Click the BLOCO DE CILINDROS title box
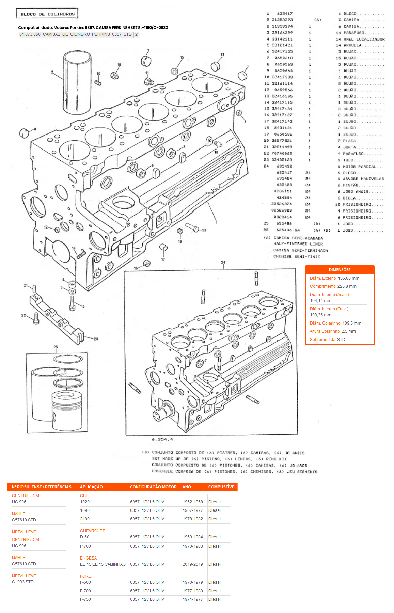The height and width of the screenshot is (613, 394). click(47, 14)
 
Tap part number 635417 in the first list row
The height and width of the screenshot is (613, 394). click(285, 14)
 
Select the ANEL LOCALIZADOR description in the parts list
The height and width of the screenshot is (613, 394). click(364, 39)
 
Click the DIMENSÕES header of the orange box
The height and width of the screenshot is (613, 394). click(340, 270)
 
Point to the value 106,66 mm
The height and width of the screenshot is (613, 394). click(348, 278)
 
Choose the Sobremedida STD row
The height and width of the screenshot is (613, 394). click(327, 340)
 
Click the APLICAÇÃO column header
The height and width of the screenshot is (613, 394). click(91, 487)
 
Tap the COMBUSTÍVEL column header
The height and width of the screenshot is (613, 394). click(222, 487)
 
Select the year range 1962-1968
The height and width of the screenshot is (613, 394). click(192, 502)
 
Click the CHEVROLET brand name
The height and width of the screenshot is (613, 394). click(92, 531)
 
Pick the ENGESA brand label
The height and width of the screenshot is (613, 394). click(88, 558)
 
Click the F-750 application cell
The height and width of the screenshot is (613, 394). click(85, 599)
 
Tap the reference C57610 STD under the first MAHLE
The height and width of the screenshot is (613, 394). click(24, 520)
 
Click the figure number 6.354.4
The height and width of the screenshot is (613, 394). click(162, 439)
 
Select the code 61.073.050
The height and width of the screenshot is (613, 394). click(30, 34)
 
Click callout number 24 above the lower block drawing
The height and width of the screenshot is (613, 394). click(223, 262)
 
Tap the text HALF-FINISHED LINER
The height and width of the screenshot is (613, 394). click(298, 244)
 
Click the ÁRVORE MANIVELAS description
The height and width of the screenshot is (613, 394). click(363, 179)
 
